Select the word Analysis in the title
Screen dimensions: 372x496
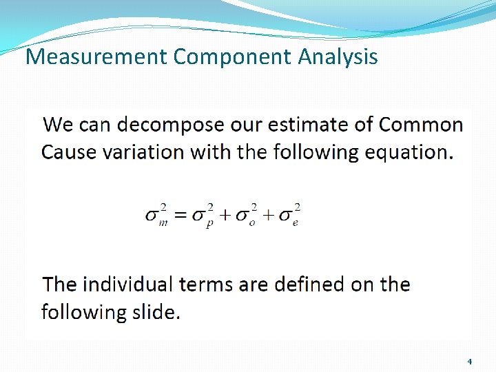coord(338,56)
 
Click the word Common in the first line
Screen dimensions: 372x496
coord(421,125)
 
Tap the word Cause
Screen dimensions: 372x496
coord(69,152)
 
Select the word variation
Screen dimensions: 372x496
coord(143,152)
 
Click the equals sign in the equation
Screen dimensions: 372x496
coord(178,215)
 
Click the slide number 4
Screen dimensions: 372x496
coord(469,361)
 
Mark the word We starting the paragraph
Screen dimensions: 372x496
coord(58,125)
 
